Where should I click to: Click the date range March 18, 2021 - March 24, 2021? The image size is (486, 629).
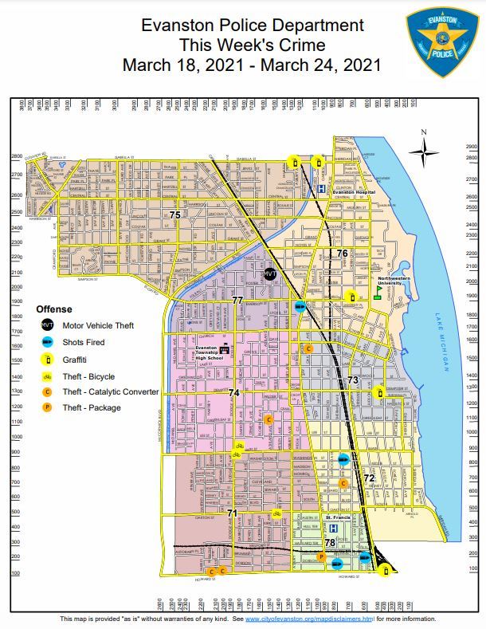(x=252, y=65)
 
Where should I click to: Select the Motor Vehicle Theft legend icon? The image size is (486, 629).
(x=47, y=325)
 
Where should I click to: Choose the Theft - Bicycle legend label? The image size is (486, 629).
(x=88, y=376)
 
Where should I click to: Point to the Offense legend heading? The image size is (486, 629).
(x=54, y=309)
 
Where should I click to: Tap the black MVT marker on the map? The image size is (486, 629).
(x=270, y=273)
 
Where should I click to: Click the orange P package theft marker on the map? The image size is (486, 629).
(x=321, y=556)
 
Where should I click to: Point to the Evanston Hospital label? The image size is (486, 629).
(x=353, y=192)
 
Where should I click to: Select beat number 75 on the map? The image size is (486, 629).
(x=174, y=214)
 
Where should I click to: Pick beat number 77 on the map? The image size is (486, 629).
(x=237, y=300)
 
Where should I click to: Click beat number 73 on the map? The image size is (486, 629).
(x=353, y=380)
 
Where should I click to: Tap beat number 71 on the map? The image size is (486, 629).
(x=232, y=513)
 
